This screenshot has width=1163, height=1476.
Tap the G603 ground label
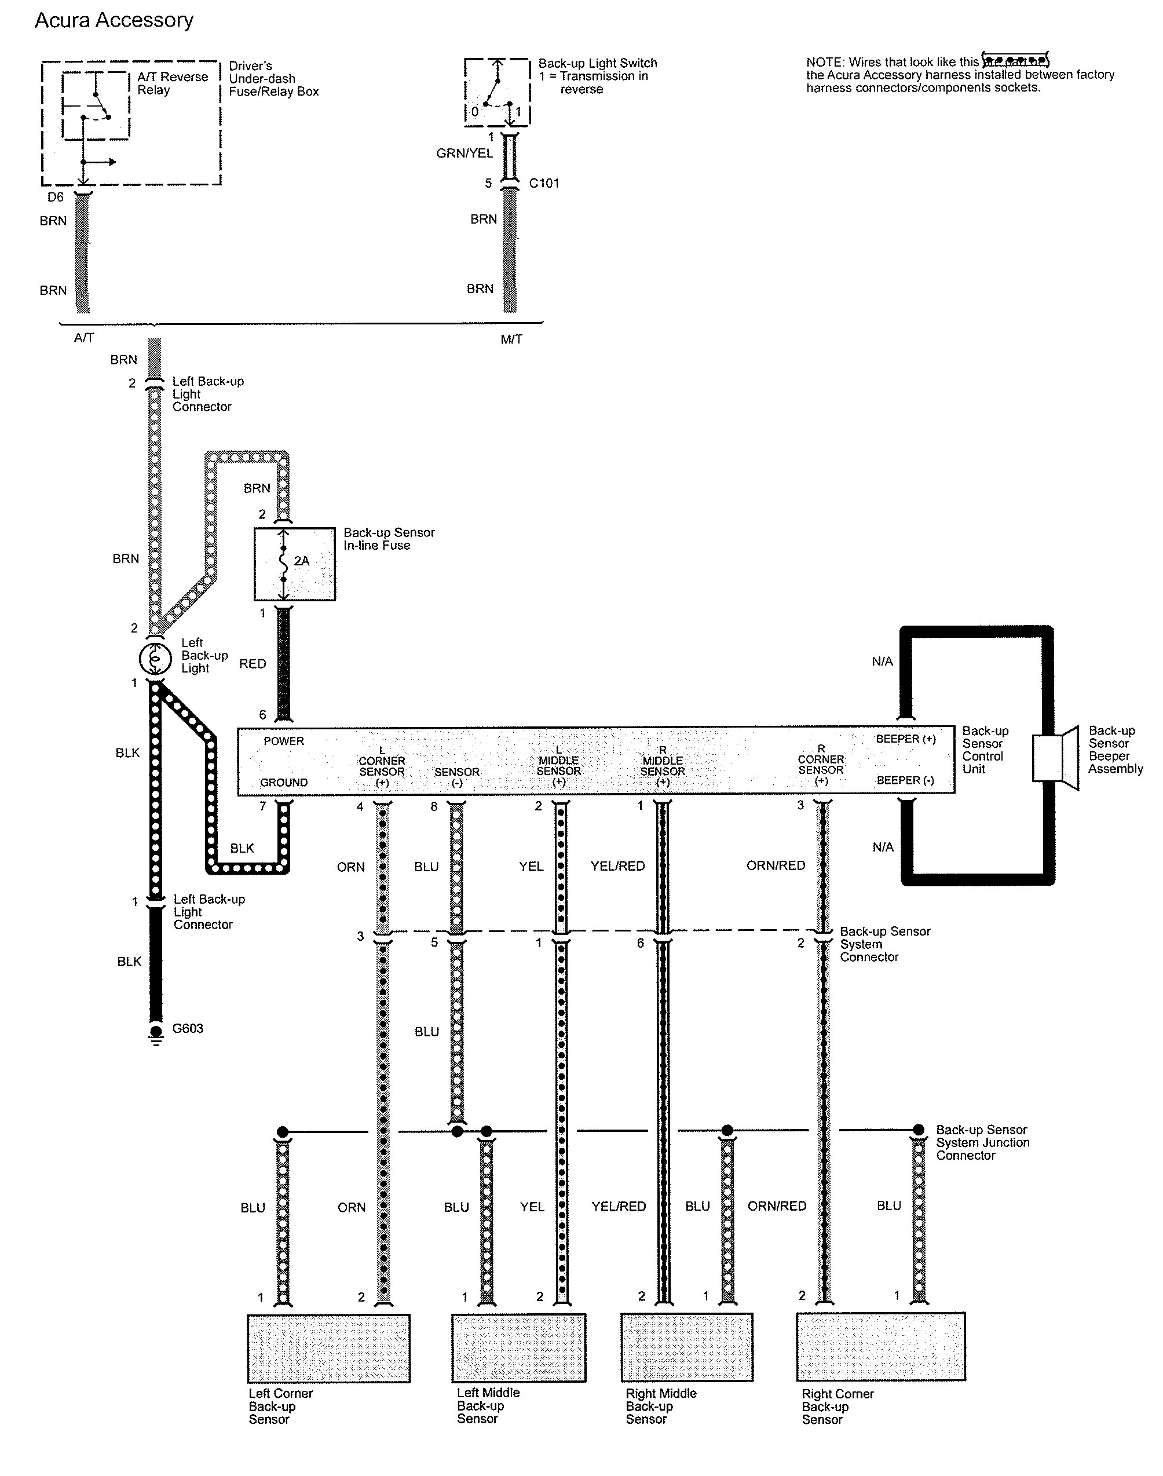tap(188, 1028)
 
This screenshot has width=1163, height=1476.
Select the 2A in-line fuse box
tap(294, 564)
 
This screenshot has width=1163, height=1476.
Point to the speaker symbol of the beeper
tap(1056, 758)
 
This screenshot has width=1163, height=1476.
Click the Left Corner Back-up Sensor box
tap(328, 1349)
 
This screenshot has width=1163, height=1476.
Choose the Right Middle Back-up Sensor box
tap(687, 1348)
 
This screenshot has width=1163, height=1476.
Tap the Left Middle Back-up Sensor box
tap(519, 1348)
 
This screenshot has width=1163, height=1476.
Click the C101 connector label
tap(544, 183)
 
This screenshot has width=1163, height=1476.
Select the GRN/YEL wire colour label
tap(465, 154)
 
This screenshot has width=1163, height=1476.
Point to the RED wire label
tap(253, 663)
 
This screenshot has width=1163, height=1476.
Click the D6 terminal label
tap(55, 197)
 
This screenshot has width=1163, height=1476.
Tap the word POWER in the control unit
tap(284, 741)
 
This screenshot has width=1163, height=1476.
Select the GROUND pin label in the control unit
tap(284, 783)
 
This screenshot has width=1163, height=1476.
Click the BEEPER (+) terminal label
tap(906, 739)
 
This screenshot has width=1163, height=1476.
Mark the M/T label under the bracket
tap(511, 339)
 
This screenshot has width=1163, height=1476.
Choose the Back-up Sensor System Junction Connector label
tap(982, 1142)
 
